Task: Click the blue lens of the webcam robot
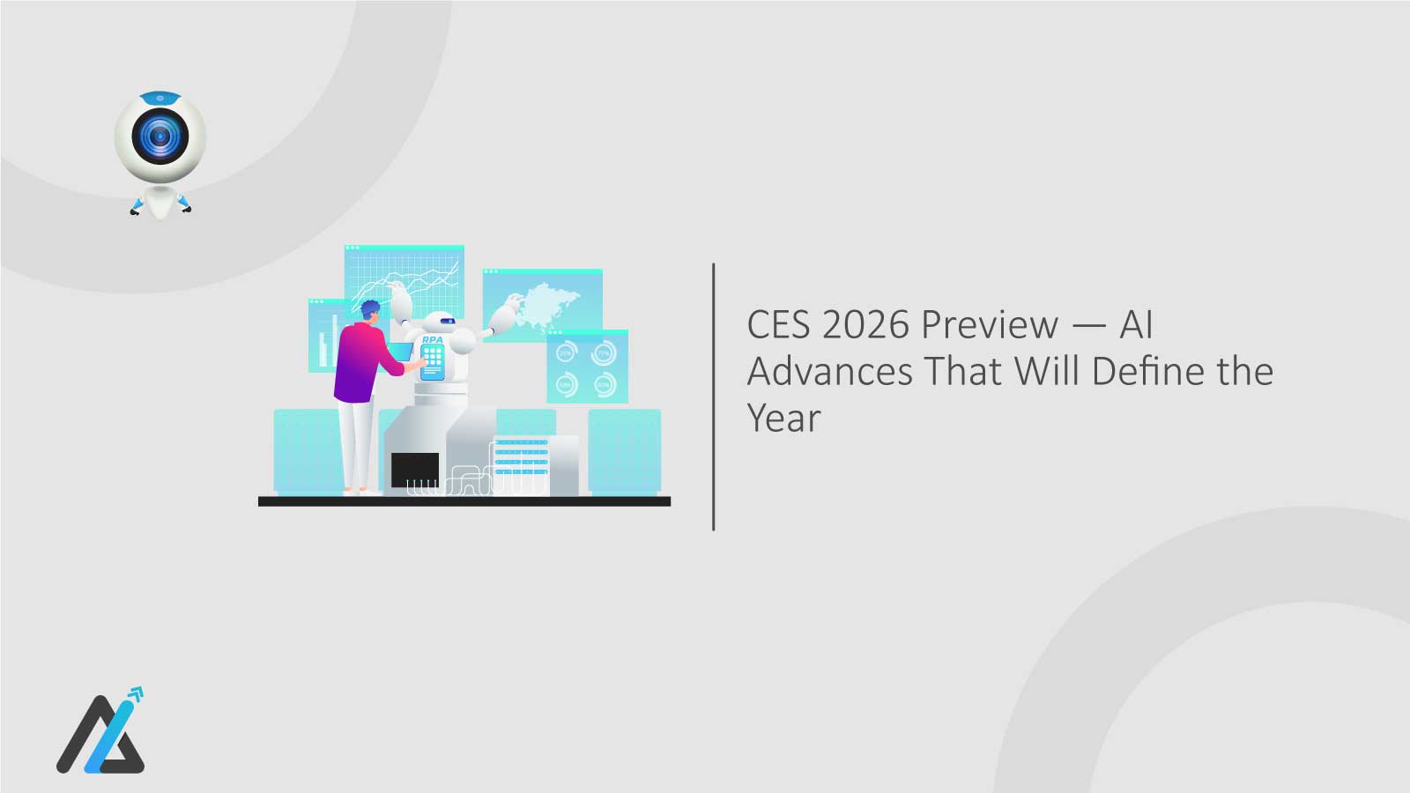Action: coord(160,137)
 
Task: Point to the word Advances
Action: coord(829,372)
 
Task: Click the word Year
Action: coord(783,419)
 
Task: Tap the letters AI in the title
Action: coord(1136,325)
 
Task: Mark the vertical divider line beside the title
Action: coord(713,396)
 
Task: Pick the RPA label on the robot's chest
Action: coord(432,339)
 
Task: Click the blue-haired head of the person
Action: coord(371,311)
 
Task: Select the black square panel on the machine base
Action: coord(414,469)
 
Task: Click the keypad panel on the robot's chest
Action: coord(432,357)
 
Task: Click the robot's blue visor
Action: coord(446,321)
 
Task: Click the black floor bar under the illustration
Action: coord(464,501)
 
